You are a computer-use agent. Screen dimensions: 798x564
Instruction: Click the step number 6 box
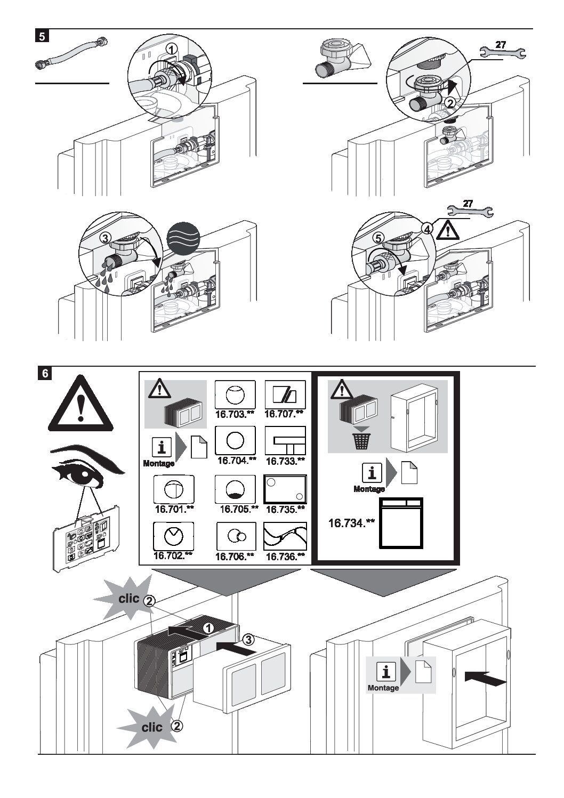[x=45, y=373]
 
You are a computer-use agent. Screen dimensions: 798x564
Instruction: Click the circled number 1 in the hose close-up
[x=171, y=49]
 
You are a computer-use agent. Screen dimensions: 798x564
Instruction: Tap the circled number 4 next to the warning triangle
[x=427, y=228]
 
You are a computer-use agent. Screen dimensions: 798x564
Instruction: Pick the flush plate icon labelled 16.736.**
[x=285, y=536]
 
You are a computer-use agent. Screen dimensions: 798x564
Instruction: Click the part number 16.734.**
[x=350, y=523]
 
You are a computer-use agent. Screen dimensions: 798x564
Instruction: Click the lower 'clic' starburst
[x=151, y=728]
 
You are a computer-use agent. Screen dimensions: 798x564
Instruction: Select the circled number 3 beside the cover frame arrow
[x=247, y=639]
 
